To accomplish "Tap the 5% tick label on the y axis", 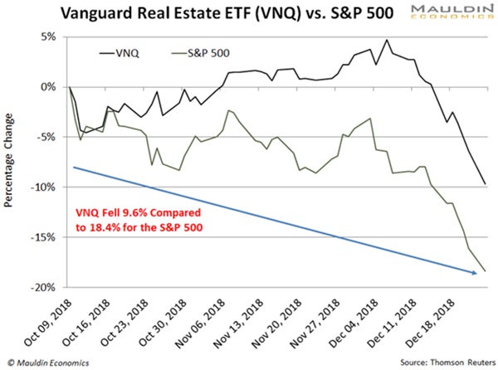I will pyautogui.click(x=46, y=37).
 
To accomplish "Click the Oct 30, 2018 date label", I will pyautogui.click(x=156, y=319).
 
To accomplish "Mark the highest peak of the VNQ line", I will pyautogui.click(x=387, y=40).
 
